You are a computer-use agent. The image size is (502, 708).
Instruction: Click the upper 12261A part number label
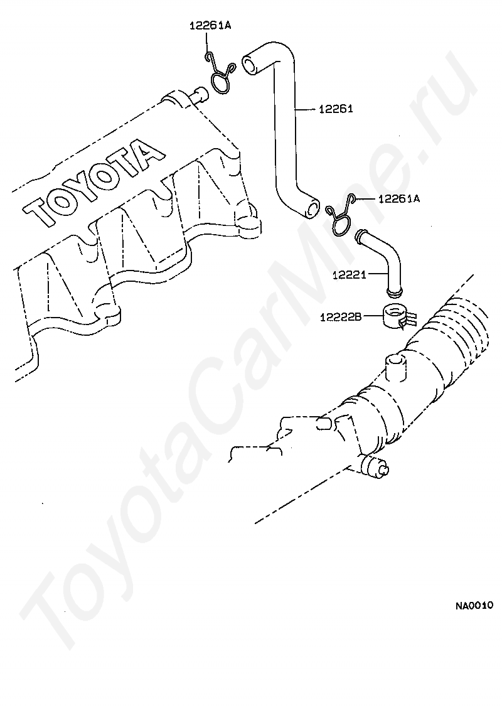click(210, 26)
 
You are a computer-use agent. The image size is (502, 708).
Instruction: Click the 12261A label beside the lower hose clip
click(398, 199)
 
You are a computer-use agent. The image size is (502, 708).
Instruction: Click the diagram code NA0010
click(474, 606)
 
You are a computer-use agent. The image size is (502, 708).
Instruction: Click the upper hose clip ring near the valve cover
click(221, 81)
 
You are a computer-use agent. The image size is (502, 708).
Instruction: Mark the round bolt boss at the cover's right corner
click(248, 222)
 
